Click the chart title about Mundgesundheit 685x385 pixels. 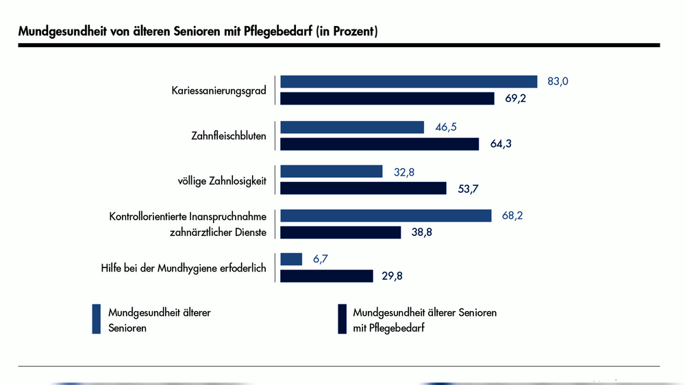pyautogui.click(x=198, y=32)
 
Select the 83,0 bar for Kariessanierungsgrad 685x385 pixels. pyautogui.click(x=408, y=81)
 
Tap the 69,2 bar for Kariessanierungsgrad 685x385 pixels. pyautogui.click(x=387, y=98)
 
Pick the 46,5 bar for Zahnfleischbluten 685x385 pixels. pyautogui.click(x=352, y=127)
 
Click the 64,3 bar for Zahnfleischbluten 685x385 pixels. pyautogui.click(x=379, y=144)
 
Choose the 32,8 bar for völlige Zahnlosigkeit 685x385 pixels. pyautogui.click(x=331, y=172)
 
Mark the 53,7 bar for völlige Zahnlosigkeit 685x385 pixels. pyautogui.click(x=363, y=188)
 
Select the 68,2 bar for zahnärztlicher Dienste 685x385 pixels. pyautogui.click(x=386, y=215)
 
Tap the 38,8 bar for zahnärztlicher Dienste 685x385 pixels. pyautogui.click(x=340, y=233)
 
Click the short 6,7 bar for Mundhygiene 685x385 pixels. pyautogui.click(x=291, y=259)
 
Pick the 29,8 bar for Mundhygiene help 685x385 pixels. pyautogui.click(x=326, y=276)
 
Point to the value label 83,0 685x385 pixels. pyautogui.click(x=558, y=81)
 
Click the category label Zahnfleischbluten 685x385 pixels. pyautogui.click(x=228, y=135)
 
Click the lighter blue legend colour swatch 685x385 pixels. pyautogui.click(x=97, y=319)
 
